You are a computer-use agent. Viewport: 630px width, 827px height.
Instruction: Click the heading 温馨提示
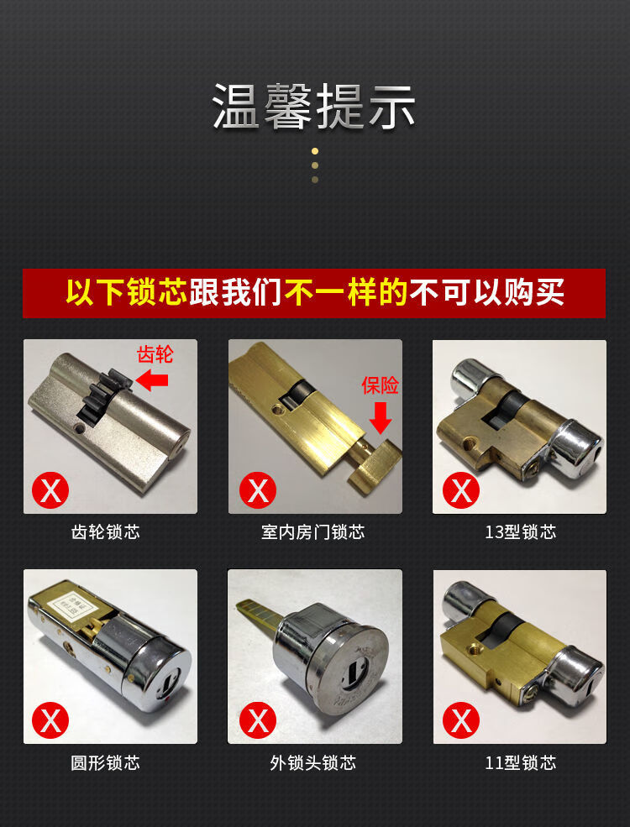[314, 106]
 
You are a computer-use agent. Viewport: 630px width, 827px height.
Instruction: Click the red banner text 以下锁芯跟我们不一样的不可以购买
[314, 293]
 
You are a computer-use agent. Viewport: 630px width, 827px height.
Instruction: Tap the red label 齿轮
[155, 355]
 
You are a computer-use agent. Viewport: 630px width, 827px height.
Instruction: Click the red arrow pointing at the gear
[152, 381]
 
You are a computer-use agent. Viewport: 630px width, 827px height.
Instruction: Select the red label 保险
[380, 385]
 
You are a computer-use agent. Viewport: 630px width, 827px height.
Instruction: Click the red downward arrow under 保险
[381, 416]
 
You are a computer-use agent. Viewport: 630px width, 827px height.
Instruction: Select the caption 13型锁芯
[520, 532]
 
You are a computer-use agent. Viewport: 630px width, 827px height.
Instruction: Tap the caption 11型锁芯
[520, 762]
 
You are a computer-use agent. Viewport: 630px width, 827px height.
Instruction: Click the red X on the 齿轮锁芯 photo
[50, 489]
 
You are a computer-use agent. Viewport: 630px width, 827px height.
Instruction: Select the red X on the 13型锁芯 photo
[461, 489]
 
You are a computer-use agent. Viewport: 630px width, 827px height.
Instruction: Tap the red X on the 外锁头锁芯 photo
[258, 720]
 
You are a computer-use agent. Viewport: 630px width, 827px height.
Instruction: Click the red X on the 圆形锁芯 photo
[50, 720]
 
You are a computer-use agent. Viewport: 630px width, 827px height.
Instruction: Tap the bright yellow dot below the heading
[315, 151]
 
